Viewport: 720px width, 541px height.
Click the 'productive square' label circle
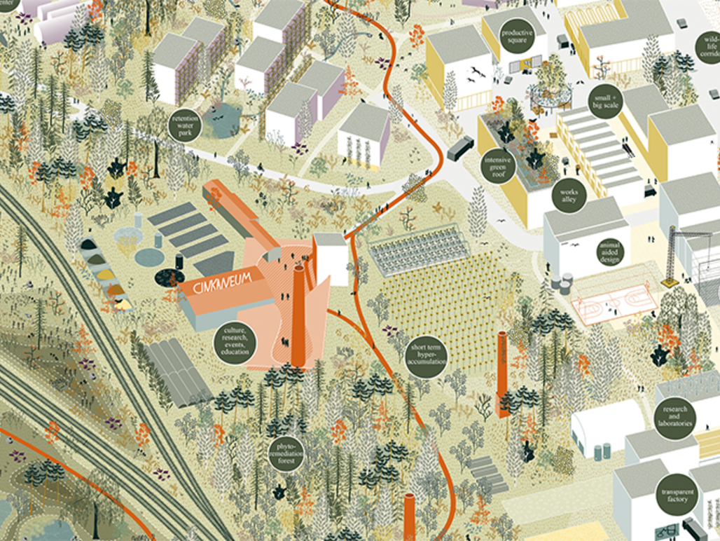click(517, 36)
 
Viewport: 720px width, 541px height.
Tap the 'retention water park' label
click(186, 124)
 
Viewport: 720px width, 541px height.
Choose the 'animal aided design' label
click(609, 251)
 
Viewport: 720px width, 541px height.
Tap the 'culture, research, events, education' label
click(235, 341)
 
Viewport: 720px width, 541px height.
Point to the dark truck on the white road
click(460, 147)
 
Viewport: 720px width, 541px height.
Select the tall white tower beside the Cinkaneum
click(330, 259)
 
